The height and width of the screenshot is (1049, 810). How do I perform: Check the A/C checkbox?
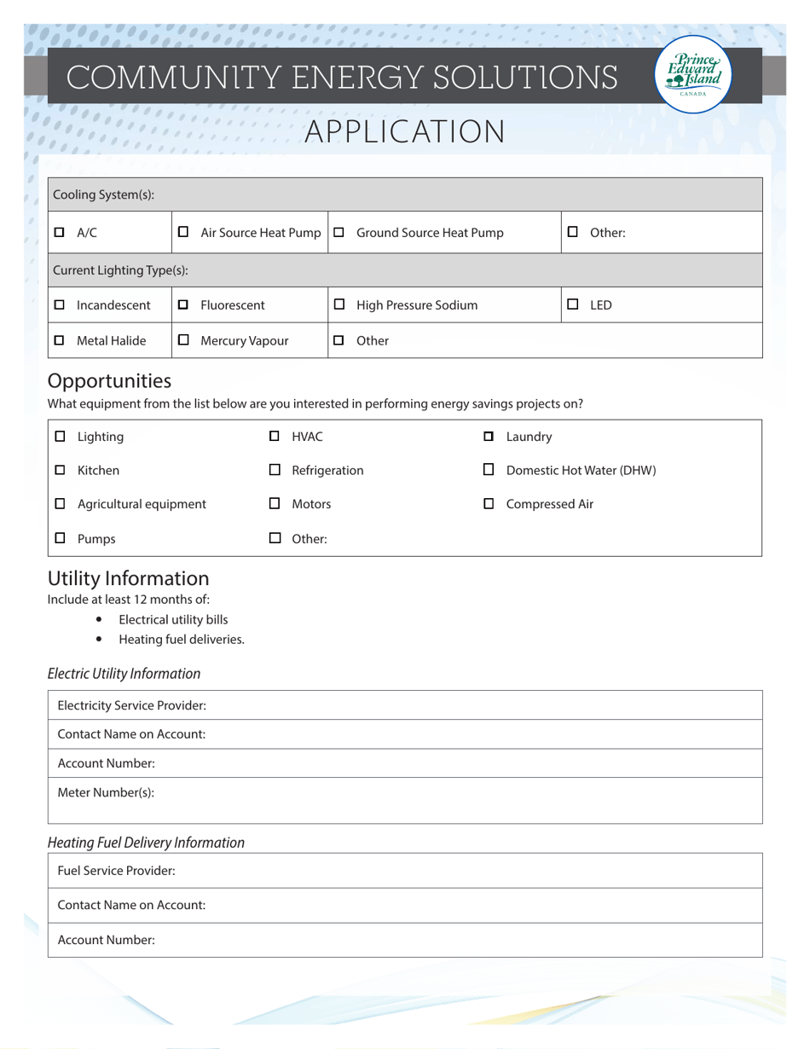[x=61, y=233]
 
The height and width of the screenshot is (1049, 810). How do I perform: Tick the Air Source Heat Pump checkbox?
[x=183, y=233]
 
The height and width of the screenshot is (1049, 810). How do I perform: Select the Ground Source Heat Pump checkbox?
[x=338, y=233]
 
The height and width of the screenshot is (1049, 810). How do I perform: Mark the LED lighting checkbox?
[x=575, y=304]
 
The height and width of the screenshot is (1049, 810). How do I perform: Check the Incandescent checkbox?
[x=61, y=304]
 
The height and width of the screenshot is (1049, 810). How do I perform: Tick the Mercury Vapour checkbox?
[x=183, y=341]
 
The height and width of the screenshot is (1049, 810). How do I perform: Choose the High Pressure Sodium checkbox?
[x=338, y=304]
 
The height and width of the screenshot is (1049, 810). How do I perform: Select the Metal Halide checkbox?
[x=61, y=341]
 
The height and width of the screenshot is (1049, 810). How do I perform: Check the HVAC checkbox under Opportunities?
[x=275, y=438]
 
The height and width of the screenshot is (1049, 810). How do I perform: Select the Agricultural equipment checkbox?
[x=61, y=504]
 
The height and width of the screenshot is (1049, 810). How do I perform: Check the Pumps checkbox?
[x=61, y=539]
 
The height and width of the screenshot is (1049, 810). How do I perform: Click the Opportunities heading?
[x=109, y=379]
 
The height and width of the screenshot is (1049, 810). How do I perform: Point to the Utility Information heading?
[x=128, y=579]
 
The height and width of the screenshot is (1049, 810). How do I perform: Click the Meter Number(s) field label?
[x=106, y=791]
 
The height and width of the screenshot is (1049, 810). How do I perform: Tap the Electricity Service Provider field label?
[x=131, y=705]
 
